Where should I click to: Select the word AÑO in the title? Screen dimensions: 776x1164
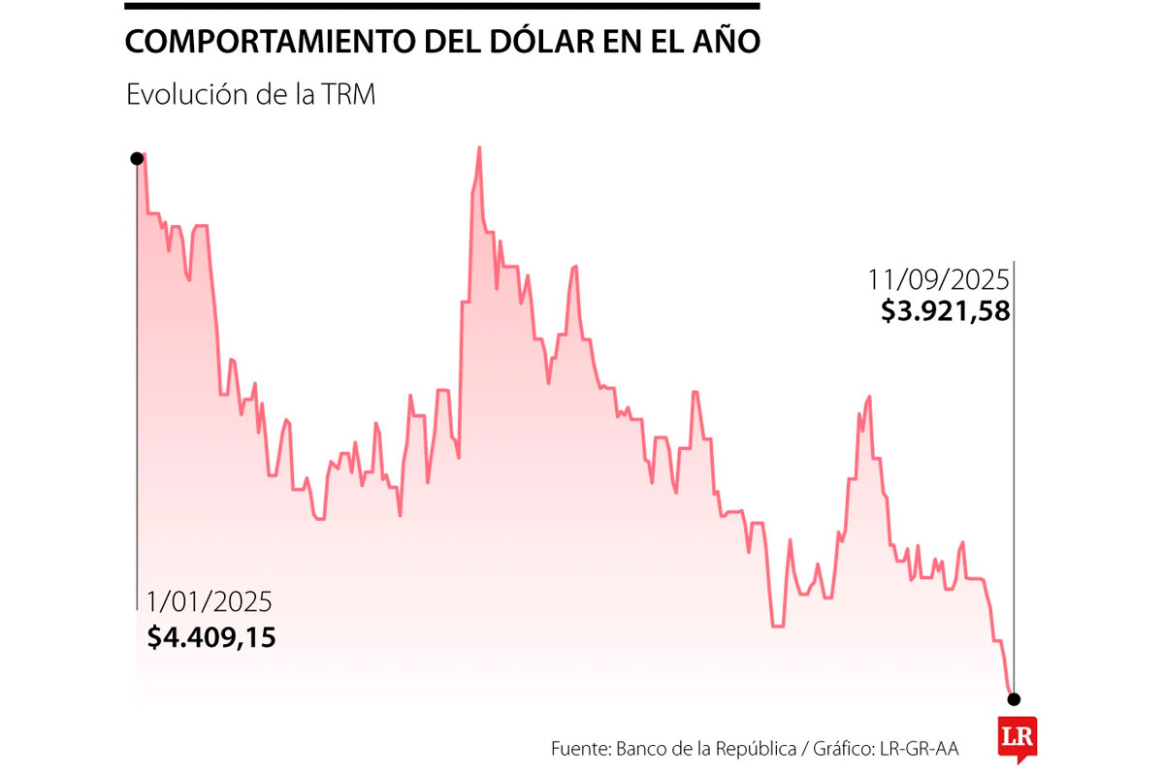[x=727, y=43]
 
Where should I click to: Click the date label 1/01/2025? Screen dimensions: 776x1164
[x=210, y=601]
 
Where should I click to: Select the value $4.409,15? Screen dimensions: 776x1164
[x=211, y=637]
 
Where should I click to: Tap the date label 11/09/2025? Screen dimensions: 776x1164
[x=939, y=279]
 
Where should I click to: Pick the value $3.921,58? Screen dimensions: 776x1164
[x=945, y=311]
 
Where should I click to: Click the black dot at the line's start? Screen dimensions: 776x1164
[x=138, y=158]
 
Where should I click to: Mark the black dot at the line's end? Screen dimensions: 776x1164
[x=1014, y=698]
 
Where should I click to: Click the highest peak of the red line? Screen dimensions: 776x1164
[x=479, y=148]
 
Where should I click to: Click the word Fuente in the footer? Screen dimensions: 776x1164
[x=580, y=749]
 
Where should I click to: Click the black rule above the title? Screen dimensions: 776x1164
[x=442, y=7]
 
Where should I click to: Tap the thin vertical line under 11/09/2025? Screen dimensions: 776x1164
[x=1014, y=485]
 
